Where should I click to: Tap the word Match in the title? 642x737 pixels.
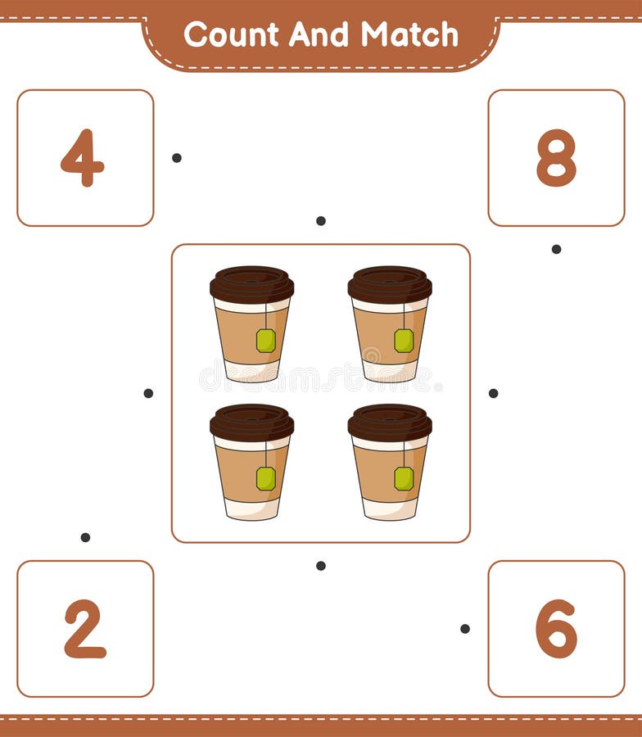[x=409, y=34]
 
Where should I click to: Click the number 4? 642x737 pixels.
[x=83, y=158]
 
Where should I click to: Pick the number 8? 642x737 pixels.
[x=556, y=158]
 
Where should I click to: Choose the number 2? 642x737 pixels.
[x=85, y=629]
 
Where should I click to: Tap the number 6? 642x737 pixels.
[x=556, y=629]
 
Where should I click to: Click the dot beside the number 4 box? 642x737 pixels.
[x=177, y=157]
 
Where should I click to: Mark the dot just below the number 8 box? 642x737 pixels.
[x=556, y=249]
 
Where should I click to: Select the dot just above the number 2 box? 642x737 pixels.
[x=85, y=537]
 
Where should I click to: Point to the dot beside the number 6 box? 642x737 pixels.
[x=465, y=628]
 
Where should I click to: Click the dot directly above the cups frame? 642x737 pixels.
[x=321, y=220]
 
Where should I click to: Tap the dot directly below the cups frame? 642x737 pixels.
[x=321, y=565]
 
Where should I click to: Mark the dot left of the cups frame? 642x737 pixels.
[x=148, y=393]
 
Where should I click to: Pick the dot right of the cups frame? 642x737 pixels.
[x=493, y=393]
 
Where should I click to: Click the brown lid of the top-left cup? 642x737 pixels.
[x=251, y=284]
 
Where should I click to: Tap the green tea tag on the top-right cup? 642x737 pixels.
[x=404, y=340]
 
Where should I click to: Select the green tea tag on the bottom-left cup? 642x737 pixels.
[x=265, y=478]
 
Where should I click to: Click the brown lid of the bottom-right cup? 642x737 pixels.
[x=390, y=423]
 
